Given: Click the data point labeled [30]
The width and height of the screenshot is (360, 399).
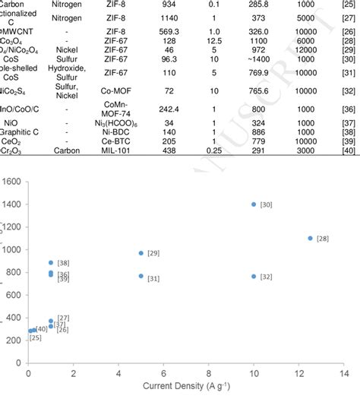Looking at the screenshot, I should click(x=254, y=204).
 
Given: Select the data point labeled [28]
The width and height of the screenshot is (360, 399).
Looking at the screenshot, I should click(x=310, y=238).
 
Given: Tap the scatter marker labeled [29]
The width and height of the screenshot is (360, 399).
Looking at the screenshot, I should click(x=141, y=253).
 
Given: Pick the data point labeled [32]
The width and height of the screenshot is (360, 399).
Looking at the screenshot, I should click(x=254, y=277).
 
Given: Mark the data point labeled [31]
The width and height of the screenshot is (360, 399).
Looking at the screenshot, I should click(x=141, y=276).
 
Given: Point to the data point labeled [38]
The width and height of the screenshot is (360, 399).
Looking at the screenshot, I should click(x=51, y=263).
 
